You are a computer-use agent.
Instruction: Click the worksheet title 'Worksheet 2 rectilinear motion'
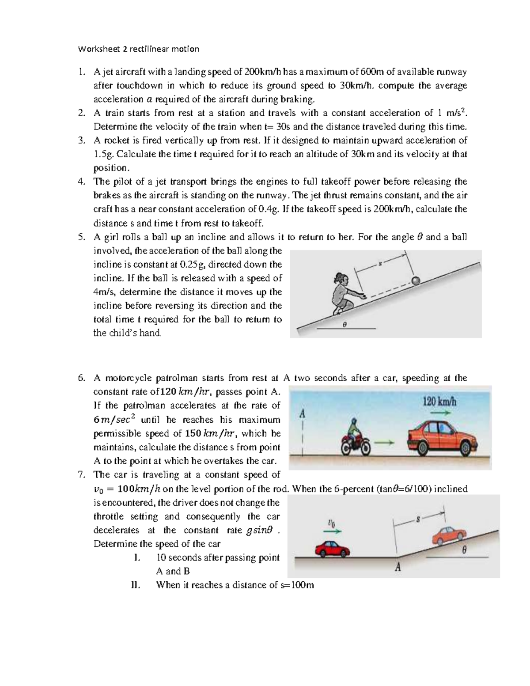click(138, 49)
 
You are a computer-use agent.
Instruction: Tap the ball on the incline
click(416, 280)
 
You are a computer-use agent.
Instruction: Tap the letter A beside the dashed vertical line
click(303, 414)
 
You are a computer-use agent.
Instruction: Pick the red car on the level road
click(332, 549)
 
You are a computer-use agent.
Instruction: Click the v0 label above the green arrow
click(332, 523)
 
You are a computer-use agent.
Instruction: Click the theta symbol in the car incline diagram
click(464, 550)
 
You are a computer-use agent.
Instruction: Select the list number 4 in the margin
click(81, 182)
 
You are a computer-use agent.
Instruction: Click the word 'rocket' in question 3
click(115, 140)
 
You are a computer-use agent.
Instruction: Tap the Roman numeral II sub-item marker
click(136, 585)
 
